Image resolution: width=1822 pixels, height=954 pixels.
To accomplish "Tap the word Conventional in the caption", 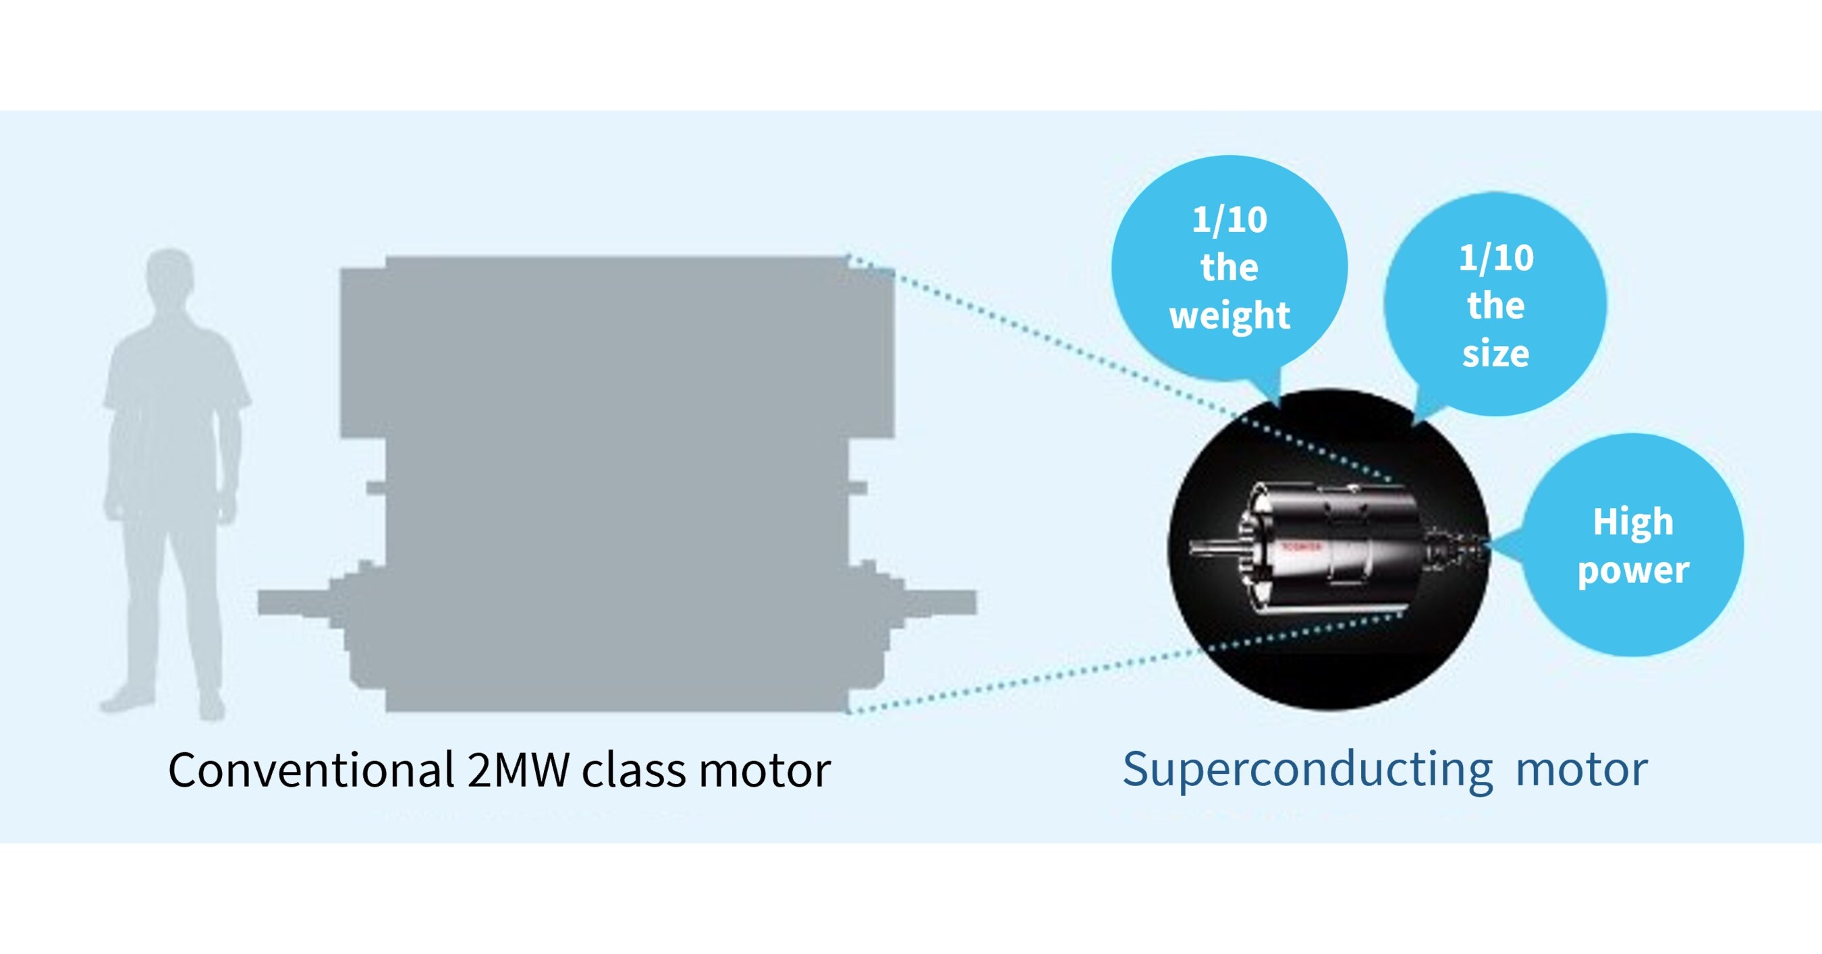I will tap(310, 770).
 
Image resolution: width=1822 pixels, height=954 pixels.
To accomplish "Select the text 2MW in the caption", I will tap(518, 770).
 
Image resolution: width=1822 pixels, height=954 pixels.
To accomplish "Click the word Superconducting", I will tap(1307, 770).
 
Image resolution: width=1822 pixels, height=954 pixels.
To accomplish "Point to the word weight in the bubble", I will tap(1230, 314).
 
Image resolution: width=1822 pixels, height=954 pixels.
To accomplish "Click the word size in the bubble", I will tap(1495, 354).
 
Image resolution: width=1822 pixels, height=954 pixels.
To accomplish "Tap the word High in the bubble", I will tap(1632, 522).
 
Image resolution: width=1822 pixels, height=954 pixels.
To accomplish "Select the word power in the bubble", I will tap(1632, 570).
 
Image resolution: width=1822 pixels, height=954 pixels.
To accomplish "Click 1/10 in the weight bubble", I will tap(1230, 220).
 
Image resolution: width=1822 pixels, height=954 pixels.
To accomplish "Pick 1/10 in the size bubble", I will tap(1496, 258).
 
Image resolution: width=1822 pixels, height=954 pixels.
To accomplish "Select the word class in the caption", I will tap(633, 770).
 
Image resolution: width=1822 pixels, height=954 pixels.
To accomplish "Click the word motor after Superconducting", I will tap(1581, 770).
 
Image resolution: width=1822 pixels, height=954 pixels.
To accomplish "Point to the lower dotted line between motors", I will tap(1026, 679).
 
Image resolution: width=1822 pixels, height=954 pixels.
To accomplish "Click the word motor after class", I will tap(764, 770).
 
